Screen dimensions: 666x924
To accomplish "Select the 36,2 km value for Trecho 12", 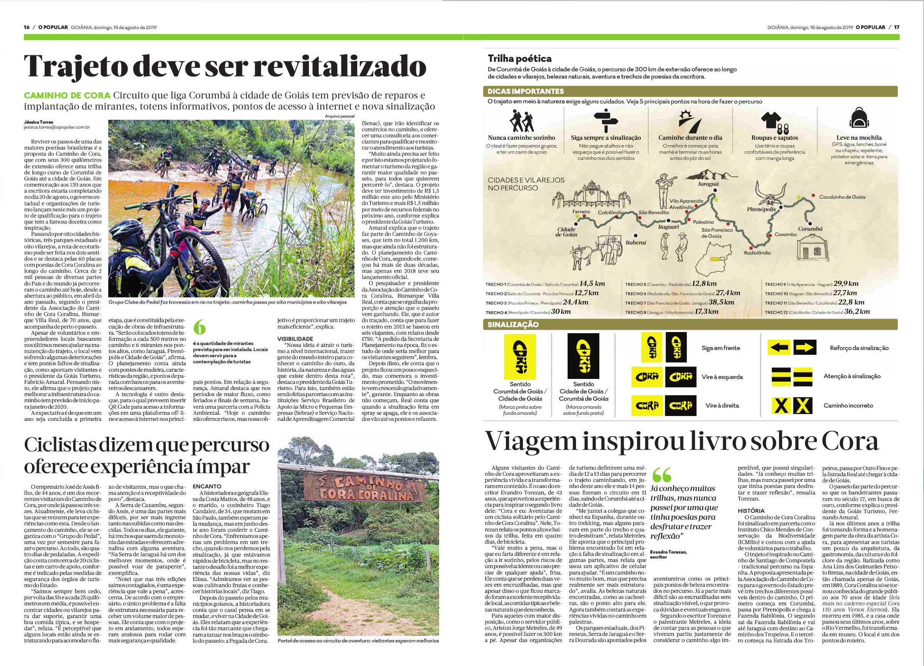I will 857,311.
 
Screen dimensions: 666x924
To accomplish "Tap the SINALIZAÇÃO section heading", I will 513,325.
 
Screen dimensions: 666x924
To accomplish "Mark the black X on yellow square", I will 780,405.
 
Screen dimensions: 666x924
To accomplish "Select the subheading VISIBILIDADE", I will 295,339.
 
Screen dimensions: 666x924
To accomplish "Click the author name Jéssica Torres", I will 37,122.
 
